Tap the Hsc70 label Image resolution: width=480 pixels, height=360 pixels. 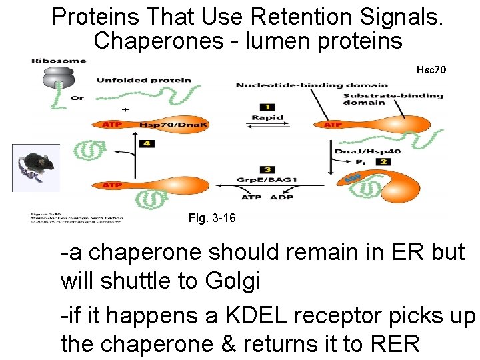431,69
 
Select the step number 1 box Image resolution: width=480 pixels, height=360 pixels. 267,107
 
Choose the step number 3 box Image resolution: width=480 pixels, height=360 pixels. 267,170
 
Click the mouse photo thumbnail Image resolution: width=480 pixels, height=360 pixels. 36,167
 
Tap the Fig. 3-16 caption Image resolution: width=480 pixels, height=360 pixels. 212,218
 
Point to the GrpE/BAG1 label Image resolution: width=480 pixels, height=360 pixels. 267,180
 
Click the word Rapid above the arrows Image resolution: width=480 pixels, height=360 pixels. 267,117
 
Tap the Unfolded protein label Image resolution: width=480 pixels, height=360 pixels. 143,81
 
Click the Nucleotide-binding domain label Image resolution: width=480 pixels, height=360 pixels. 311,85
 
